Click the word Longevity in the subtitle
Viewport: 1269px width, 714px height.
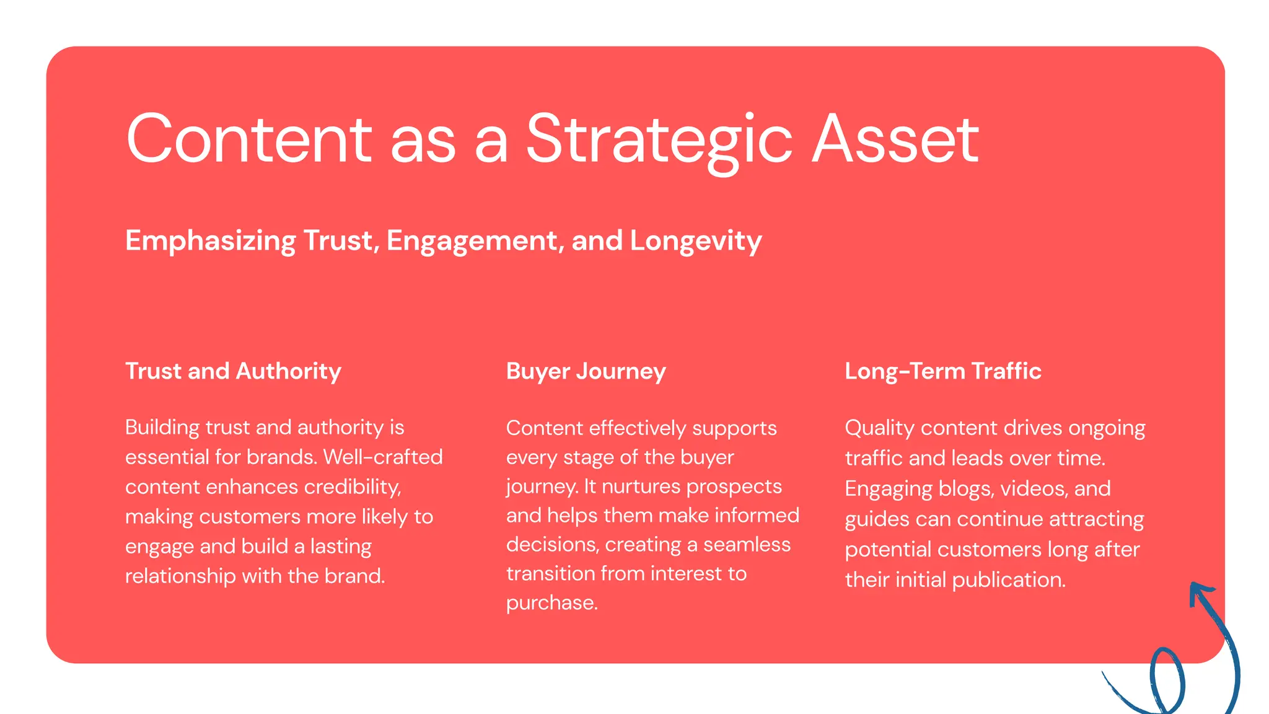(x=695, y=241)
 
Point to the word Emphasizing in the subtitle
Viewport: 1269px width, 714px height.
(x=211, y=241)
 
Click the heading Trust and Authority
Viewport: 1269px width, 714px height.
(x=233, y=371)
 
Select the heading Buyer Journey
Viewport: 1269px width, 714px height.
(x=586, y=371)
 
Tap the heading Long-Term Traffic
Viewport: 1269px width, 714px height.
(x=942, y=371)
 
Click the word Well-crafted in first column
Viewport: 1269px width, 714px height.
(x=383, y=457)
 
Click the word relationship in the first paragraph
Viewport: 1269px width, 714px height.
(x=180, y=576)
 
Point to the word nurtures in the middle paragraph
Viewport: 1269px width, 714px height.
(x=641, y=487)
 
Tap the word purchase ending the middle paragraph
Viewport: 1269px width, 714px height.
(x=551, y=603)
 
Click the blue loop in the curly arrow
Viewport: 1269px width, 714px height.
(x=1167, y=679)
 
